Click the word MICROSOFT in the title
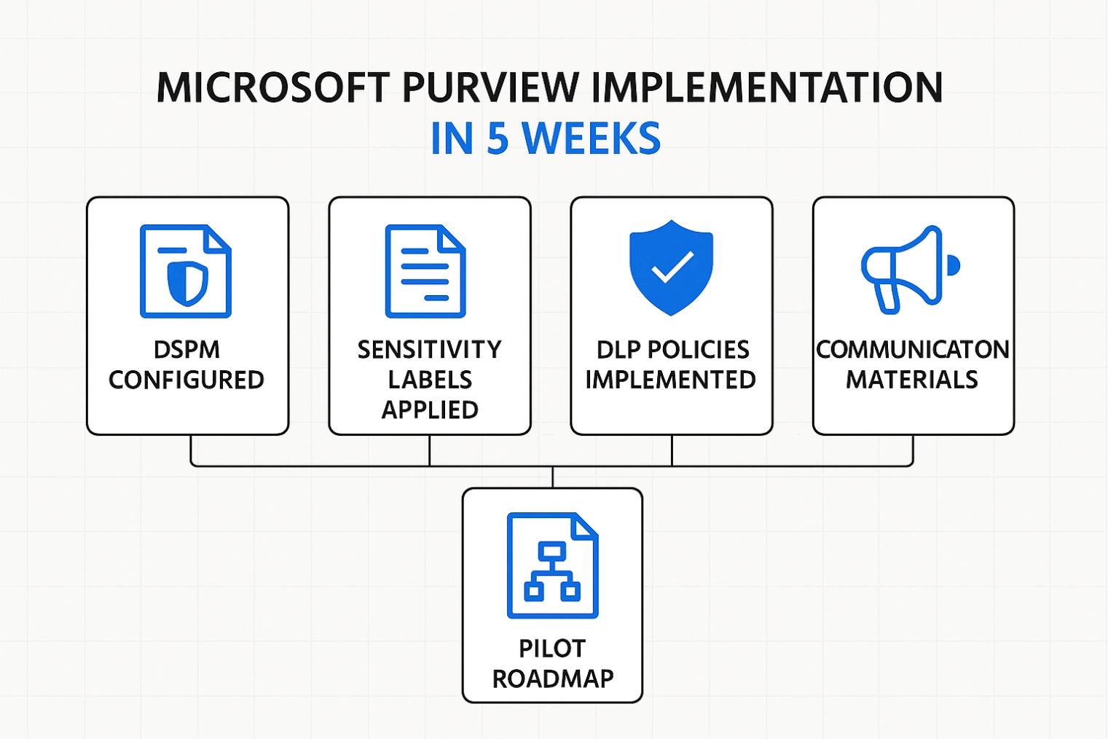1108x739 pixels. [x=273, y=87]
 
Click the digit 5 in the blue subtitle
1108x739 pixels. [x=498, y=138]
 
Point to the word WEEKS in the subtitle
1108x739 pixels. [x=592, y=138]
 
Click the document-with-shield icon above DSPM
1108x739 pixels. [x=186, y=271]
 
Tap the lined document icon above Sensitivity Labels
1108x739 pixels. [x=425, y=271]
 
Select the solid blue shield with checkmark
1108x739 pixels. [x=671, y=267]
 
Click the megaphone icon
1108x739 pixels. [x=910, y=270]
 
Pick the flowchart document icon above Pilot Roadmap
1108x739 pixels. [x=552, y=566]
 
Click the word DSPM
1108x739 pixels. [x=186, y=350]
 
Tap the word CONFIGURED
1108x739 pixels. [x=186, y=380]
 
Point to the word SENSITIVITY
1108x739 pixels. [x=429, y=350]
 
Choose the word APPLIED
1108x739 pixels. [x=430, y=410]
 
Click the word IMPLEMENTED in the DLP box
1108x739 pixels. [x=671, y=380]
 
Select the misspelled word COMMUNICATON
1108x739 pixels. [x=913, y=350]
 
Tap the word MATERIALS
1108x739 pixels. [x=911, y=380]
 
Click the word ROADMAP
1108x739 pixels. [x=553, y=679]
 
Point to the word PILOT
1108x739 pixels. [x=552, y=649]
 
